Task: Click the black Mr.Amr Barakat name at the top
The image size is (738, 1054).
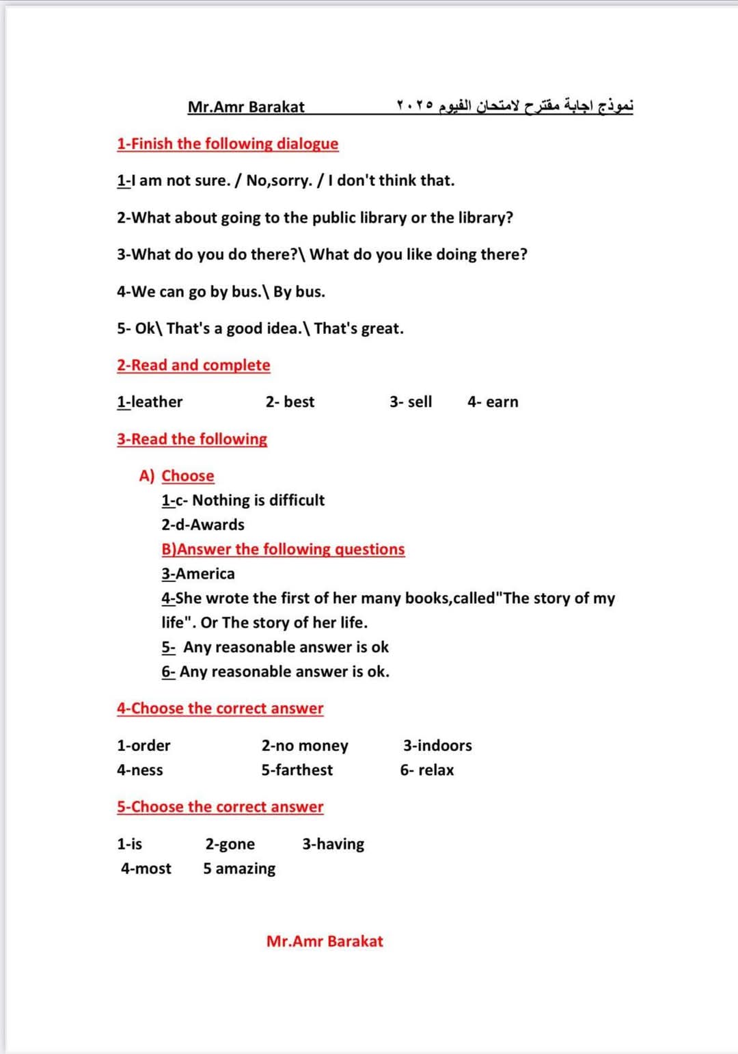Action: pyautogui.click(x=246, y=107)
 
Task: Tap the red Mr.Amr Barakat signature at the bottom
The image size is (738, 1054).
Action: pyautogui.click(x=325, y=941)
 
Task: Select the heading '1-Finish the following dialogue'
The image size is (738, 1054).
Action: pyautogui.click(x=228, y=144)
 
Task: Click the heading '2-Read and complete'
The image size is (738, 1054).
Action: pyautogui.click(x=193, y=365)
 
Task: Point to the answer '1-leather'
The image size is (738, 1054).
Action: pyautogui.click(x=150, y=402)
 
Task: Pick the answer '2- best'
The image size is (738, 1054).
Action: pyautogui.click(x=290, y=402)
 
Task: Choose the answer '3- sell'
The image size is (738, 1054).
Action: pyautogui.click(x=411, y=402)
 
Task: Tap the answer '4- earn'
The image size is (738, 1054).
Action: pyautogui.click(x=493, y=402)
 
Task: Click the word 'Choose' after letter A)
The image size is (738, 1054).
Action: pyautogui.click(x=188, y=476)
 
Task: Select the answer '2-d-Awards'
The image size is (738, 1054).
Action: pyautogui.click(x=203, y=525)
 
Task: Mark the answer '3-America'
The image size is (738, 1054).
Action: pyautogui.click(x=198, y=574)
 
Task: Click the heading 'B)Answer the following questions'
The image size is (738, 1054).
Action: pyautogui.click(x=283, y=549)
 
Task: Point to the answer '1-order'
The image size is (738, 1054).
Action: pyautogui.click(x=143, y=746)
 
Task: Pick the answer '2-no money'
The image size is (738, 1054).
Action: pyautogui.click(x=305, y=746)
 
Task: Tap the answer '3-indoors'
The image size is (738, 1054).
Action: pyautogui.click(x=437, y=746)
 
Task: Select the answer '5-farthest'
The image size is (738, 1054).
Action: pyautogui.click(x=297, y=770)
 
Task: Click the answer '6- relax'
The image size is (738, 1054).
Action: pyautogui.click(x=427, y=770)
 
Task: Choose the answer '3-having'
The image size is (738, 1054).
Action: pyautogui.click(x=333, y=844)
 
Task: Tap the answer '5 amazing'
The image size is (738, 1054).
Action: pyautogui.click(x=239, y=869)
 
